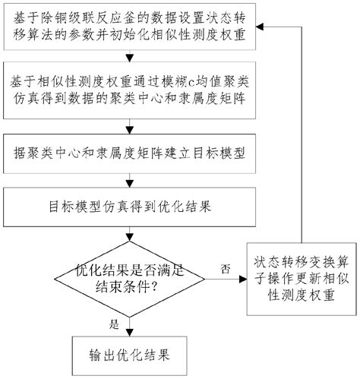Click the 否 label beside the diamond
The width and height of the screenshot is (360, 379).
coord(225,269)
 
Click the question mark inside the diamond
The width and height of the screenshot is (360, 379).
coord(154,287)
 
